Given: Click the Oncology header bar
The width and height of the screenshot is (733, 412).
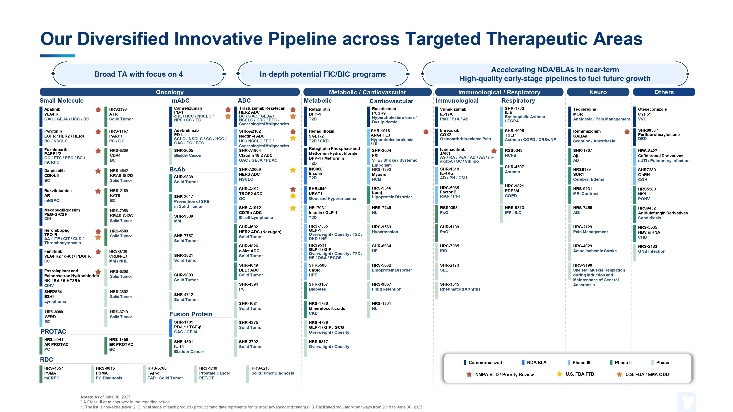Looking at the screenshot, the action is tap(170, 92).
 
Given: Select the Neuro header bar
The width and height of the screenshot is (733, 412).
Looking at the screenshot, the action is tap(598, 92).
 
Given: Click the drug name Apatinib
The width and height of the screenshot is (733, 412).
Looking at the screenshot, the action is tap(52, 109).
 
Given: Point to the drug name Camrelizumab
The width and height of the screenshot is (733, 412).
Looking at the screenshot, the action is tap(188, 108).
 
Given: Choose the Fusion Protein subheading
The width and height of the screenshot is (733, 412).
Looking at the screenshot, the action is tap(191, 314).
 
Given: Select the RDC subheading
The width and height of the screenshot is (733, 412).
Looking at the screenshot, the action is tap(47, 360).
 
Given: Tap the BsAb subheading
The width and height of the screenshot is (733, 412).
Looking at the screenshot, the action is tap(177, 170).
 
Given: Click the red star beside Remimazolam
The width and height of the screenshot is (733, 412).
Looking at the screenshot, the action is tap(627, 131).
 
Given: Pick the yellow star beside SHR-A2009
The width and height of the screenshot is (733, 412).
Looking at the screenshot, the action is tap(293, 170).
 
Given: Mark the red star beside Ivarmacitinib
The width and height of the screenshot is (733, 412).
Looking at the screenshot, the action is tap(494, 151).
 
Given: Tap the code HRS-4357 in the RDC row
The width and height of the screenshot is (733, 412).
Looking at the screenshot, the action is tap(54, 368).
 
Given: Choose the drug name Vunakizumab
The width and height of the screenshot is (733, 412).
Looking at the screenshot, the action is tap(453, 109).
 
